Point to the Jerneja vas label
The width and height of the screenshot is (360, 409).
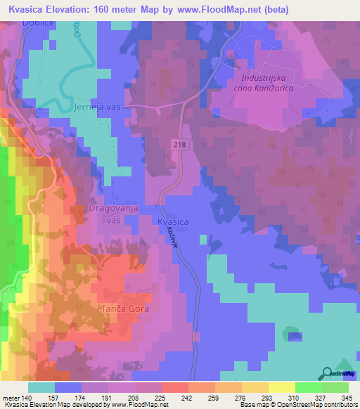[x=98, y=108]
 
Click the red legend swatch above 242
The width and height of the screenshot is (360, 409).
[x=175, y=387]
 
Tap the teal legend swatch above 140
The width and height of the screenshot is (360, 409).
[x=41, y=387]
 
